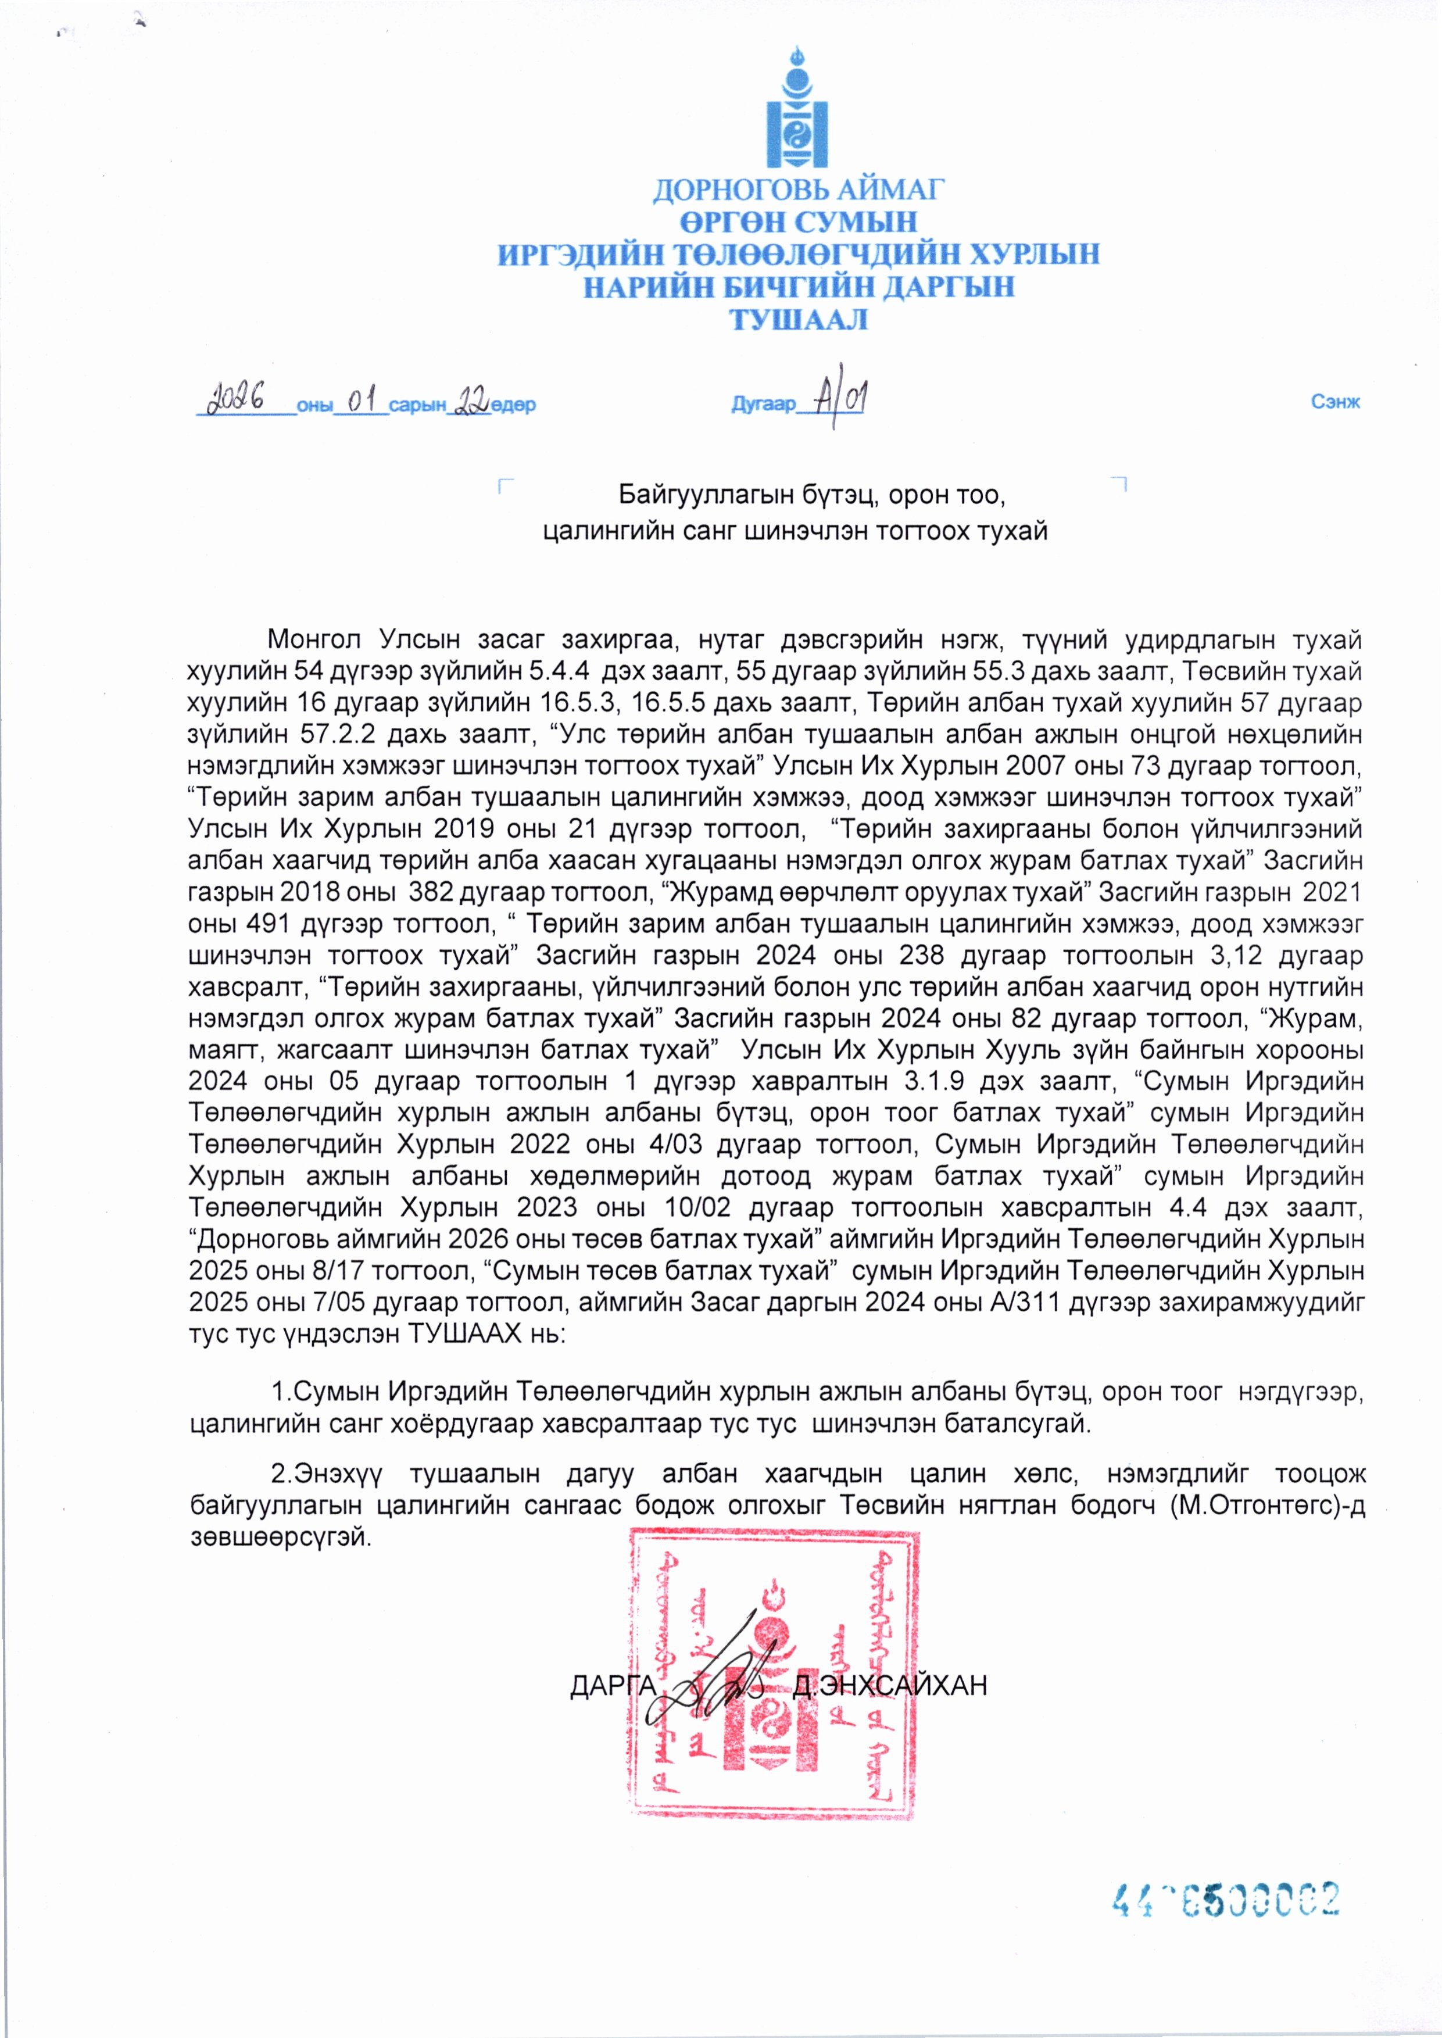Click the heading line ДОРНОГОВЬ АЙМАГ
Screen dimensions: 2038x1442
tap(797, 189)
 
